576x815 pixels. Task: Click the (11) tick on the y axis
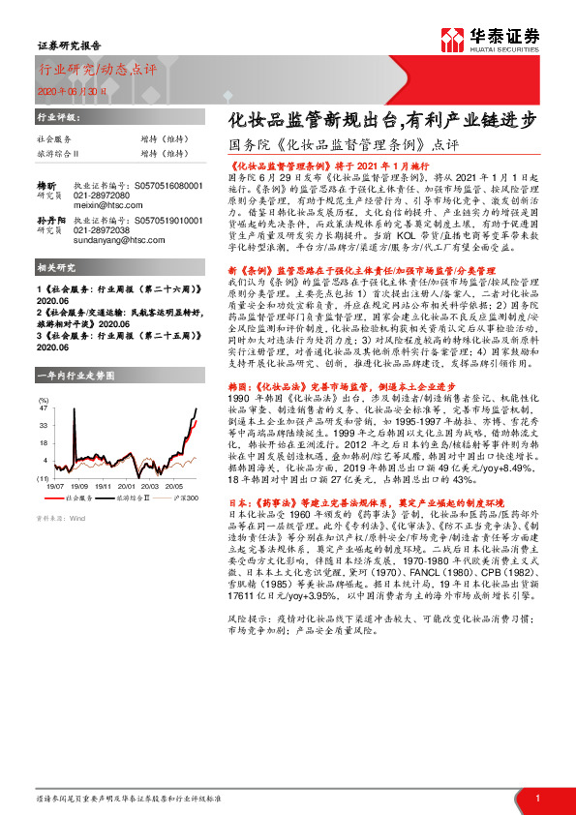(43, 478)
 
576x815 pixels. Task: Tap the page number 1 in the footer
(536, 798)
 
